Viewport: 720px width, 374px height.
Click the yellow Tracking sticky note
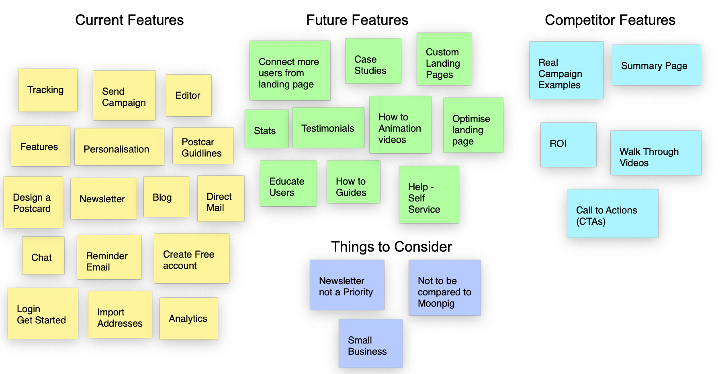pyautogui.click(x=47, y=90)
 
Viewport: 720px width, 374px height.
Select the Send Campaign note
pyautogui.click(x=124, y=96)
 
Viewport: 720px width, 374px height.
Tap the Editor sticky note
pyautogui.click(x=188, y=96)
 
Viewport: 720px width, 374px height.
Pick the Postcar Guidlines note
pyautogui.click(x=202, y=146)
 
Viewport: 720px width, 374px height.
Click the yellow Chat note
pyautogui.click(x=43, y=256)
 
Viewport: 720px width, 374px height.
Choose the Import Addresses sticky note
pyautogui.click(x=120, y=315)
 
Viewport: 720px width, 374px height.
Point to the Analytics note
pyautogui.click(x=188, y=319)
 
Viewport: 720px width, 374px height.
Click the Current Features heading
pyautogui.click(x=129, y=20)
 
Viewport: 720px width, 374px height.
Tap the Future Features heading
pyautogui.click(x=357, y=20)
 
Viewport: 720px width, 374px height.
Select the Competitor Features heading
pyautogui.click(x=610, y=20)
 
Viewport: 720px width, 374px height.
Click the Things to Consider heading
pyautogui.click(x=391, y=247)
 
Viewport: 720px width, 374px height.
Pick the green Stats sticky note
pyautogui.click(x=266, y=129)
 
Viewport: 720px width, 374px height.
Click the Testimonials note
pyautogui.click(x=328, y=128)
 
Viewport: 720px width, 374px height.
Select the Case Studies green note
pyautogui.click(x=373, y=61)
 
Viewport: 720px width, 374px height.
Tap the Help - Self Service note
pyautogui.click(x=429, y=195)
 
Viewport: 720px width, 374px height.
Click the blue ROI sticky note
pyautogui.click(x=568, y=145)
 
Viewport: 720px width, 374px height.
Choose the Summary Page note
pyautogui.click(x=656, y=65)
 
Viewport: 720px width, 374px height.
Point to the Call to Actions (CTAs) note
pyautogui.click(x=612, y=213)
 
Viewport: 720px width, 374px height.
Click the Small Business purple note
pyautogui.click(x=370, y=344)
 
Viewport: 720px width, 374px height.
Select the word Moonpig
pyautogui.click(x=436, y=303)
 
